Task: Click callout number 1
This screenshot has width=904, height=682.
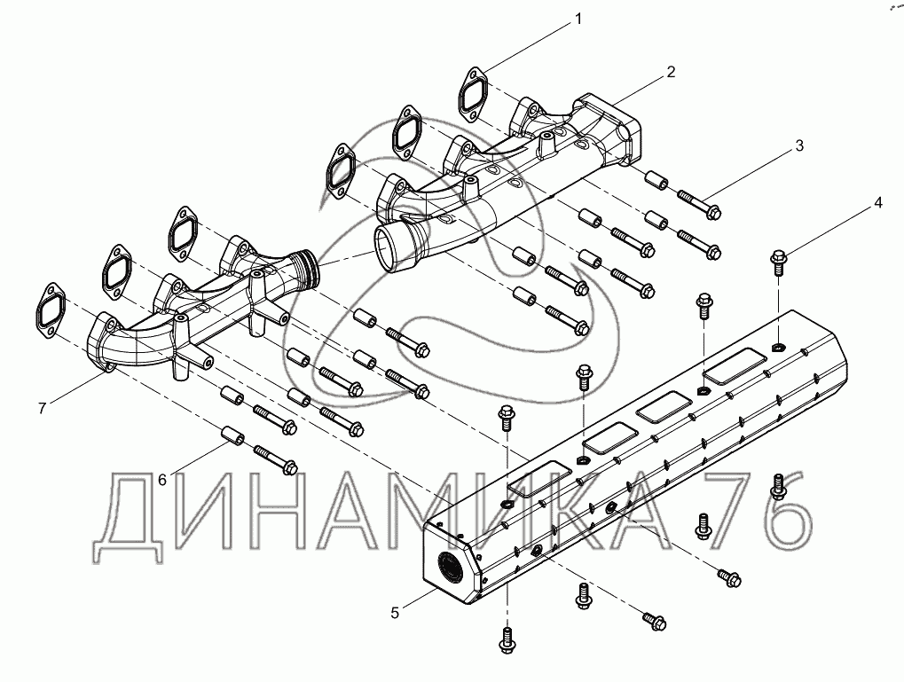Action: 578,19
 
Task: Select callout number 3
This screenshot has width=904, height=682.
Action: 799,146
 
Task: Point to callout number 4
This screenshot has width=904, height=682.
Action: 877,202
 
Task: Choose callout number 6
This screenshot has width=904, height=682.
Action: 162,480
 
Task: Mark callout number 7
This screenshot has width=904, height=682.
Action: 42,408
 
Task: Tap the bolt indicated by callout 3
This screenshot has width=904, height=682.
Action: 701,204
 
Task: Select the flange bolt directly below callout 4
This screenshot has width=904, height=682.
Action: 778,260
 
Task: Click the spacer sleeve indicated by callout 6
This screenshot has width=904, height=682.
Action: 233,437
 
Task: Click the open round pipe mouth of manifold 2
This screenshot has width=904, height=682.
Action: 391,243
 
